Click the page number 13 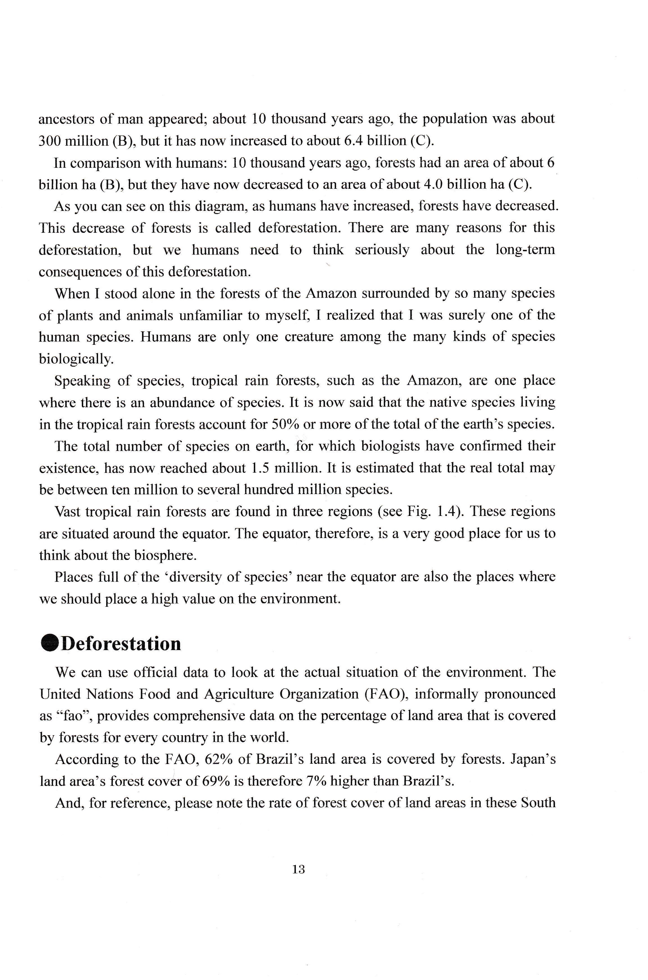pos(298,869)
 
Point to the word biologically pos(76,359)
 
